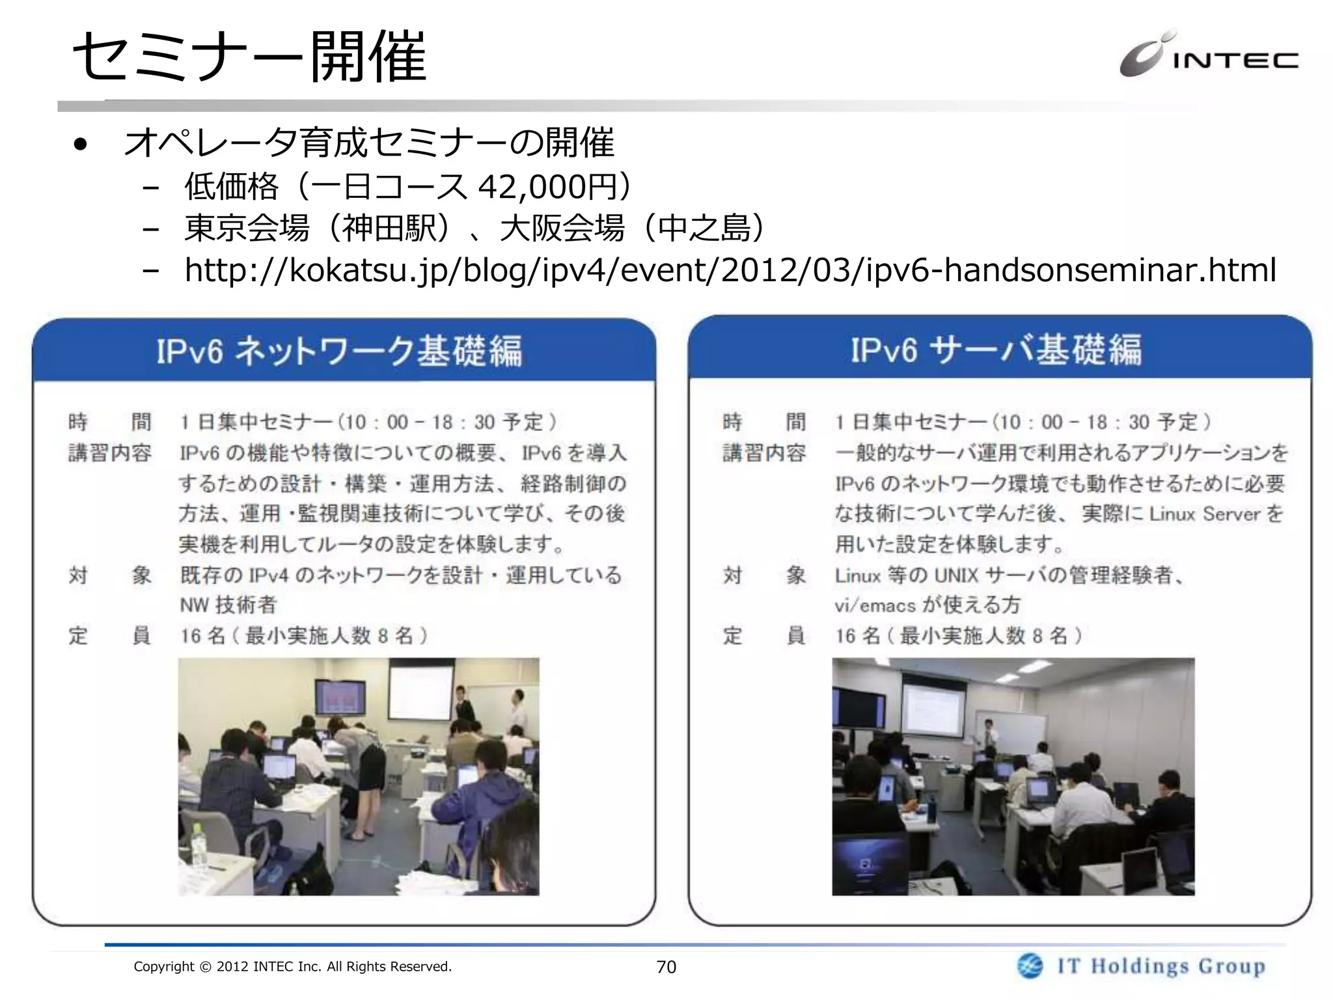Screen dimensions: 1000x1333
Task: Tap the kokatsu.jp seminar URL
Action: [730, 270]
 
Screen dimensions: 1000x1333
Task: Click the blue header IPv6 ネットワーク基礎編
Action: [339, 351]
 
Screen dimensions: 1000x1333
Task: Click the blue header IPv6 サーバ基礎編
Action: [996, 349]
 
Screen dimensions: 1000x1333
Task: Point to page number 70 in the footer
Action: [666, 967]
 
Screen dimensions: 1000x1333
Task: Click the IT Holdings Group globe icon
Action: [1030, 966]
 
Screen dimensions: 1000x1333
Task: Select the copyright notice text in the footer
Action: [292, 967]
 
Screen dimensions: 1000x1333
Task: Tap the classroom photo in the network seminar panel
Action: [359, 776]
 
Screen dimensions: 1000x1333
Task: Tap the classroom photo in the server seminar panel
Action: [1013, 776]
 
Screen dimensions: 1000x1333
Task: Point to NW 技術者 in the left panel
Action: [228, 605]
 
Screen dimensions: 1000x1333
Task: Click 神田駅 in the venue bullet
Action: [389, 229]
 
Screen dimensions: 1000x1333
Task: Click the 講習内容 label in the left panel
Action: [109, 452]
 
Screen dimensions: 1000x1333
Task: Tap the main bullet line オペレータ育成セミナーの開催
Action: [368, 143]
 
